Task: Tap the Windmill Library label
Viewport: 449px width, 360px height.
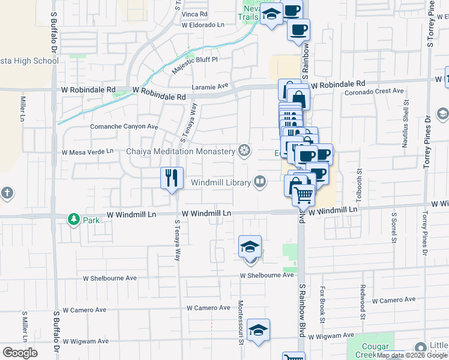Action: point(220,182)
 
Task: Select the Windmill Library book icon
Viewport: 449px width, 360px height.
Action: point(260,181)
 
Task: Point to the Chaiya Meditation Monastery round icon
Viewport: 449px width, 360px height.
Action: point(244,150)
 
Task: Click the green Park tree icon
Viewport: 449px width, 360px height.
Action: point(73,220)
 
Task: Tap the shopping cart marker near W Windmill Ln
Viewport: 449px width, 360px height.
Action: point(304,194)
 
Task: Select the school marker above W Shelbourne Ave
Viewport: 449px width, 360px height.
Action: point(250,247)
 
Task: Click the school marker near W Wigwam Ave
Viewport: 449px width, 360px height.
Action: point(259,330)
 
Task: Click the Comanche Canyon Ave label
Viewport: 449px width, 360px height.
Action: point(124,127)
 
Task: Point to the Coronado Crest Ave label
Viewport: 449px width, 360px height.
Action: point(374,91)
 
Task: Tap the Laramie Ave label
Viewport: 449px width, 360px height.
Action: point(211,86)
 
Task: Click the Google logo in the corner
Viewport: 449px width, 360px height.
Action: point(20,352)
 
